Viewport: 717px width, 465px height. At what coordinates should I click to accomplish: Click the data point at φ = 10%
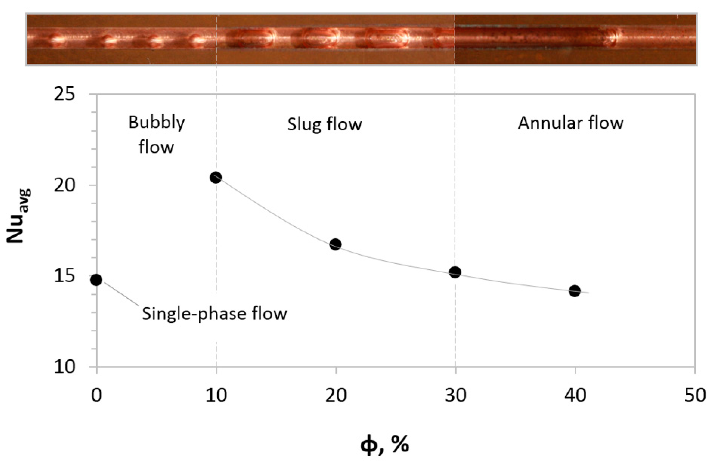tap(216, 177)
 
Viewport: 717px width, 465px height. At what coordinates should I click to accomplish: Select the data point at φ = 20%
tap(335, 244)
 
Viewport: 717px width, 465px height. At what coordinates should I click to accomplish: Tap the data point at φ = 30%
tap(455, 272)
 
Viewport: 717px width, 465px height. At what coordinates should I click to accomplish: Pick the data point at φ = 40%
tap(575, 291)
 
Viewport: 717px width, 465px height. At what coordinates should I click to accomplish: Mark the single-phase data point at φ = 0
tap(96, 280)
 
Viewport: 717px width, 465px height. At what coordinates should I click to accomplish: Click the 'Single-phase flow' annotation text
tap(215, 314)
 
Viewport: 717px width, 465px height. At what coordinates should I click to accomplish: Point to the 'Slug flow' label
tap(324, 124)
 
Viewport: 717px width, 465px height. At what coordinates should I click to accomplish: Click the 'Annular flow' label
tap(571, 123)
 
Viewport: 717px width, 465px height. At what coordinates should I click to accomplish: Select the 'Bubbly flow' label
tap(156, 135)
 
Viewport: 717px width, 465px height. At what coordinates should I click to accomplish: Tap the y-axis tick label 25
tap(64, 95)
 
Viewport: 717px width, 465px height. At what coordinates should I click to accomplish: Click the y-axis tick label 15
tap(64, 276)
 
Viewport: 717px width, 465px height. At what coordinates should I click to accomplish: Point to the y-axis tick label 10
tap(64, 367)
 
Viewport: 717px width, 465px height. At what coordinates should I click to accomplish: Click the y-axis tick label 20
tap(64, 185)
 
